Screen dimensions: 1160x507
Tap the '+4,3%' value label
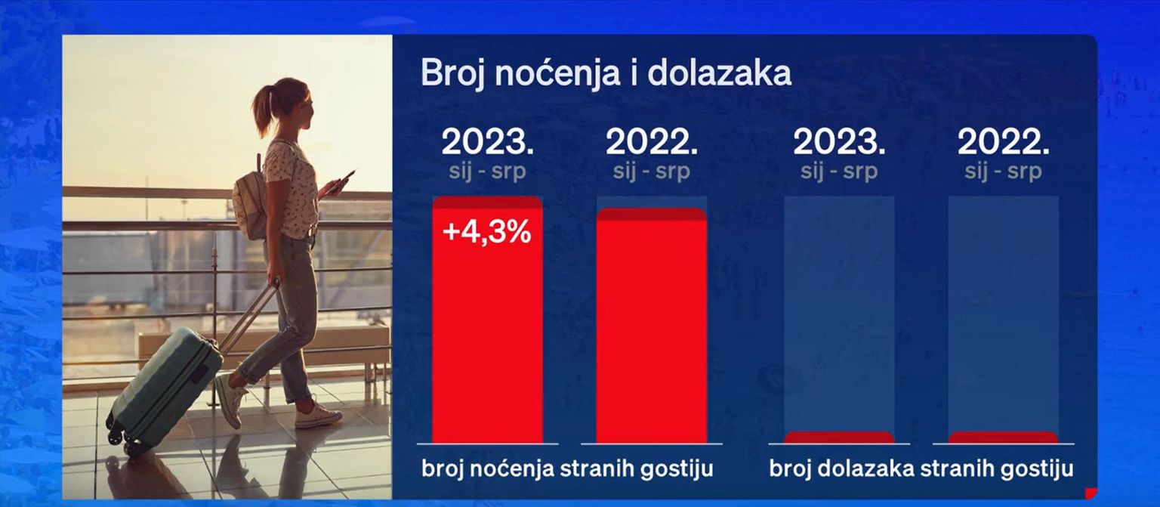pyautogui.click(x=487, y=231)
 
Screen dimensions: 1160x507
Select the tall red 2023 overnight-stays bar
pyautogui.click(x=487, y=320)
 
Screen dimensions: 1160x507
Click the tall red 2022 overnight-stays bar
pyautogui.click(x=652, y=325)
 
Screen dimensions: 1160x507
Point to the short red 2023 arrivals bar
pyautogui.click(x=839, y=437)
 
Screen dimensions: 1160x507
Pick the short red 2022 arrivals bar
pyautogui.click(x=1003, y=437)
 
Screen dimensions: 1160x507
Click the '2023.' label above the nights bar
pyautogui.click(x=487, y=142)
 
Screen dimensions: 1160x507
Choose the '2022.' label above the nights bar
pyautogui.click(x=652, y=142)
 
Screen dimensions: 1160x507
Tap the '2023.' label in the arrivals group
pyautogui.click(x=839, y=142)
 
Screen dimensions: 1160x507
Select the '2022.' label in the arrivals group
pyautogui.click(x=1003, y=142)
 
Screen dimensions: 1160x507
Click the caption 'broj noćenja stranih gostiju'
pyautogui.click(x=568, y=469)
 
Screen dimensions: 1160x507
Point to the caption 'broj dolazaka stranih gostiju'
pyautogui.click(x=921, y=469)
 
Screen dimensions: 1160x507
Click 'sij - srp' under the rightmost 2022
pyautogui.click(x=1003, y=172)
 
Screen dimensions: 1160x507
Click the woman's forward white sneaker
pyautogui.click(x=317, y=416)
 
